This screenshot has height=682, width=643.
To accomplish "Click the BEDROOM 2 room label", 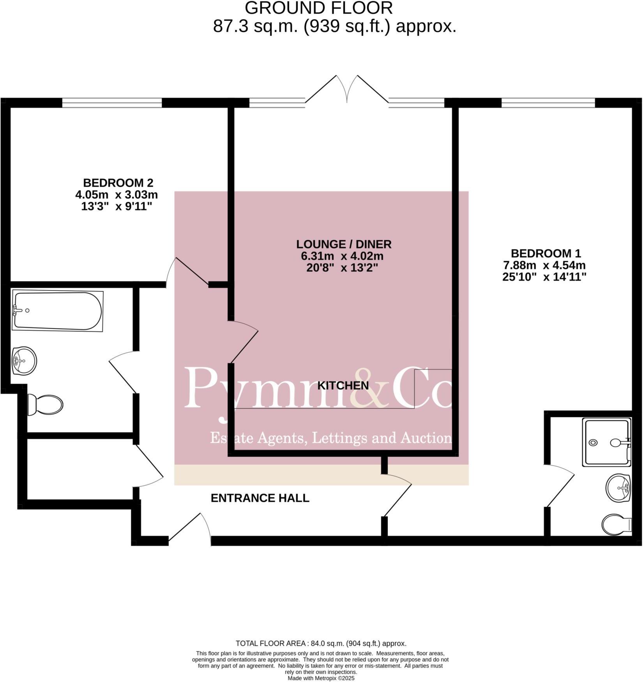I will point(118,183).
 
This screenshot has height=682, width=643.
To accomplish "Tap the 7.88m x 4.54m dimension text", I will point(545,265).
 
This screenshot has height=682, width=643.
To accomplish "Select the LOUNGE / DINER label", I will point(344,244).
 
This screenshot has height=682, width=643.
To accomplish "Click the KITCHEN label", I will point(343,386).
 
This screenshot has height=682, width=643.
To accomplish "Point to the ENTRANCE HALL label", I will point(260,498).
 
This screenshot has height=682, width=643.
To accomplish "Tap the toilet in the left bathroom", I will point(45,405).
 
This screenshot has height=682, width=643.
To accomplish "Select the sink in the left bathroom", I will point(24,361).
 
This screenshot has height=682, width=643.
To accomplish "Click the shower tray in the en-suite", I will point(606,442).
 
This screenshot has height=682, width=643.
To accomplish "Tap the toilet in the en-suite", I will point(617,525).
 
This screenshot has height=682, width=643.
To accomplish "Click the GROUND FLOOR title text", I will point(319,8).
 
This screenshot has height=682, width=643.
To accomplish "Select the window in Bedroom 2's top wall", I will point(112,103).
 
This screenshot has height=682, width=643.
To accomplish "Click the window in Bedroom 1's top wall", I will point(548,103).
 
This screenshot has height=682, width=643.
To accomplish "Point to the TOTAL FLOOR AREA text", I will point(321,643).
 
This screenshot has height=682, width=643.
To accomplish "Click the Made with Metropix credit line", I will point(321,678).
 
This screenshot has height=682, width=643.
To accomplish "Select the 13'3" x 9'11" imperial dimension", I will point(116,207).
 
